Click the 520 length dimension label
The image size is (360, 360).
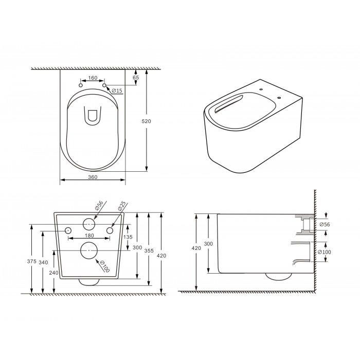click(x=146, y=121)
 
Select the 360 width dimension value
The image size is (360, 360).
click(x=93, y=177)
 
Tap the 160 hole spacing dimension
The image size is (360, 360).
click(x=93, y=78)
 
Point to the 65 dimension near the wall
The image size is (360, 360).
click(x=136, y=78)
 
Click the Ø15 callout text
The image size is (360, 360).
click(x=117, y=91)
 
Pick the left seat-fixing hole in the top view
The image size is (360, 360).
click(x=81, y=85)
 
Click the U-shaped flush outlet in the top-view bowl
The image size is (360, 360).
click(x=93, y=116)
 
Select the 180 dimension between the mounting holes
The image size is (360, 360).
click(x=89, y=236)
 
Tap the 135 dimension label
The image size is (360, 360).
click(x=128, y=237)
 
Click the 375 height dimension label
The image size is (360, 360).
click(x=32, y=261)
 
